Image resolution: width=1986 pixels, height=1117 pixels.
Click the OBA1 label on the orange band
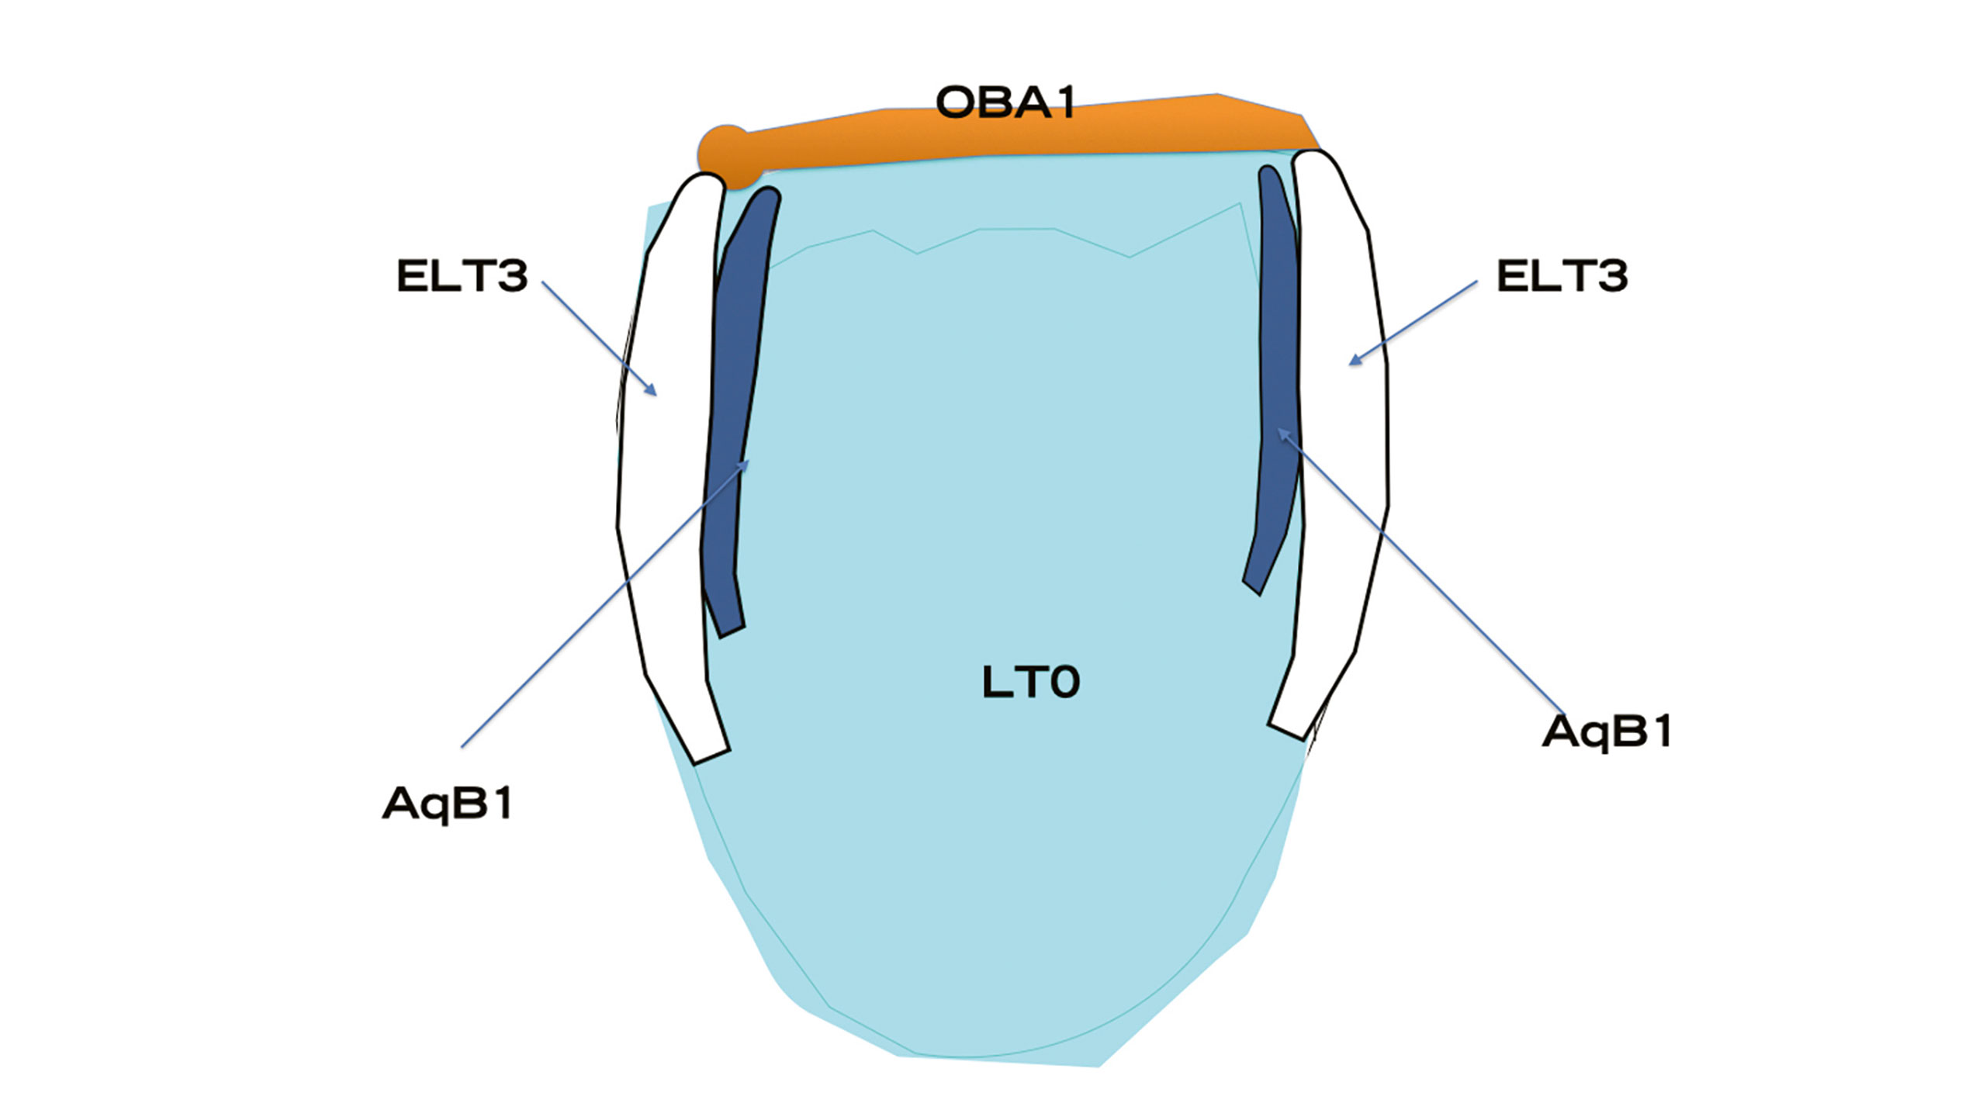click(x=1006, y=103)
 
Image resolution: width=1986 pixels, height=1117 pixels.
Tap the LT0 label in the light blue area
click(x=1030, y=683)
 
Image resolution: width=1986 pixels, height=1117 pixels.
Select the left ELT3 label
click(x=462, y=276)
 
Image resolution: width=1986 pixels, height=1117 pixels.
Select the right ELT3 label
click(x=1562, y=276)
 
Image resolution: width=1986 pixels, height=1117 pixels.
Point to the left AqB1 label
click(x=448, y=804)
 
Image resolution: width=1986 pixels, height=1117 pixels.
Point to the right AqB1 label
click(x=1607, y=731)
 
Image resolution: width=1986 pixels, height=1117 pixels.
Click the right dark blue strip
click(x=1276, y=372)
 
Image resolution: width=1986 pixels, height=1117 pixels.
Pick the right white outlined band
click(x=1342, y=465)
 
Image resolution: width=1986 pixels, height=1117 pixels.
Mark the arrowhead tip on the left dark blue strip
click(x=748, y=461)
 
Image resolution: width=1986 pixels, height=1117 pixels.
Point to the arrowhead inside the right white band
click(x=1351, y=362)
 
